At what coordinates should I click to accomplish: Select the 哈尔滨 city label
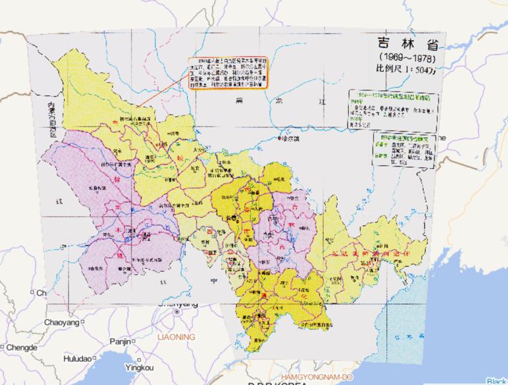tap(292, 139)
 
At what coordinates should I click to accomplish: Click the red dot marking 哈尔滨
tap(278, 139)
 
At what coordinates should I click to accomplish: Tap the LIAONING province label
tap(176, 337)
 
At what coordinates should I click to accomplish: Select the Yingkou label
tap(139, 367)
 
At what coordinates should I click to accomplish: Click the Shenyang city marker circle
tap(177, 310)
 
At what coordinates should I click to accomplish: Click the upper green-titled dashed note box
tap(394, 109)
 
